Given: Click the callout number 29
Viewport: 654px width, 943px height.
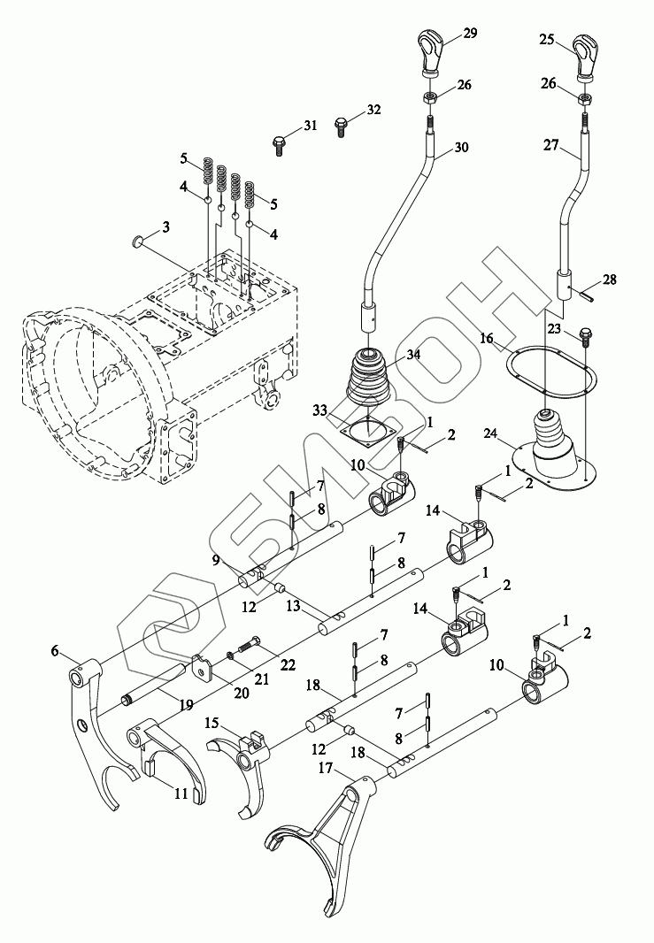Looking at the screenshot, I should (469, 33).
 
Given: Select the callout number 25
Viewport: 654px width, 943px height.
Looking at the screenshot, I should (547, 39).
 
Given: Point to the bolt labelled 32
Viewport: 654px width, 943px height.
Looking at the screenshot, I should (342, 125).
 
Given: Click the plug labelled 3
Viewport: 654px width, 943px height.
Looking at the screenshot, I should (137, 240).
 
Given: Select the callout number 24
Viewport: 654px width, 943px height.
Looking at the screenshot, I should (490, 433).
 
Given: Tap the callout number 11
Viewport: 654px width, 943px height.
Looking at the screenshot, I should (181, 794).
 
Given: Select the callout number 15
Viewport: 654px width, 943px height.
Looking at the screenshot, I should (212, 723).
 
